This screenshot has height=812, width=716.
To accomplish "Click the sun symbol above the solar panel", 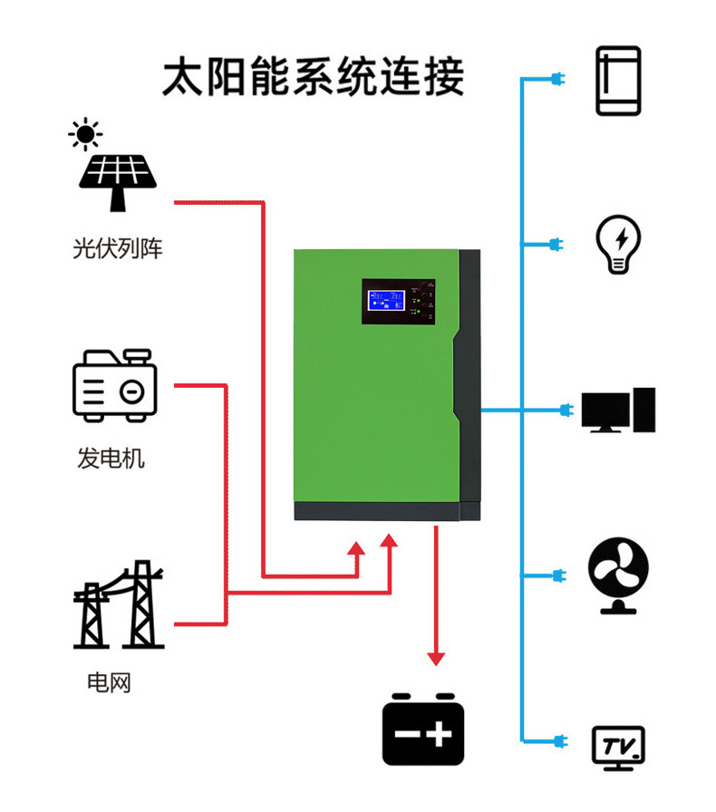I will click(x=85, y=135).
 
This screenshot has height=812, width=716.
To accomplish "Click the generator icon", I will click(x=115, y=386).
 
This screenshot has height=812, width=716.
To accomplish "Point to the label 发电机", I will click(x=111, y=458).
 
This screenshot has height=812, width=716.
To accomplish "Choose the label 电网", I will click(x=109, y=681).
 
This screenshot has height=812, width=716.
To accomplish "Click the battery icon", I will click(x=422, y=730).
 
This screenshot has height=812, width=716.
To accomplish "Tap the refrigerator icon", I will click(x=618, y=81).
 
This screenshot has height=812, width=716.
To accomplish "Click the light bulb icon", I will click(x=618, y=244).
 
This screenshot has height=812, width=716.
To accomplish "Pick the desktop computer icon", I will click(x=618, y=411).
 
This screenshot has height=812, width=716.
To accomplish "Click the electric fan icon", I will click(x=618, y=575).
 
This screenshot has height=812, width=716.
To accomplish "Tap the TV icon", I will click(x=618, y=747).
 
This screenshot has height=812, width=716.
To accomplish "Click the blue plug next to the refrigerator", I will click(x=556, y=81).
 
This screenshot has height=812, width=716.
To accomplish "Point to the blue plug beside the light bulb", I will click(x=556, y=244).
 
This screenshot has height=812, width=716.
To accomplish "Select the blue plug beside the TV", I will click(x=556, y=739).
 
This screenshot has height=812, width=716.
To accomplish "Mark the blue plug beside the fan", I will click(x=556, y=575).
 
